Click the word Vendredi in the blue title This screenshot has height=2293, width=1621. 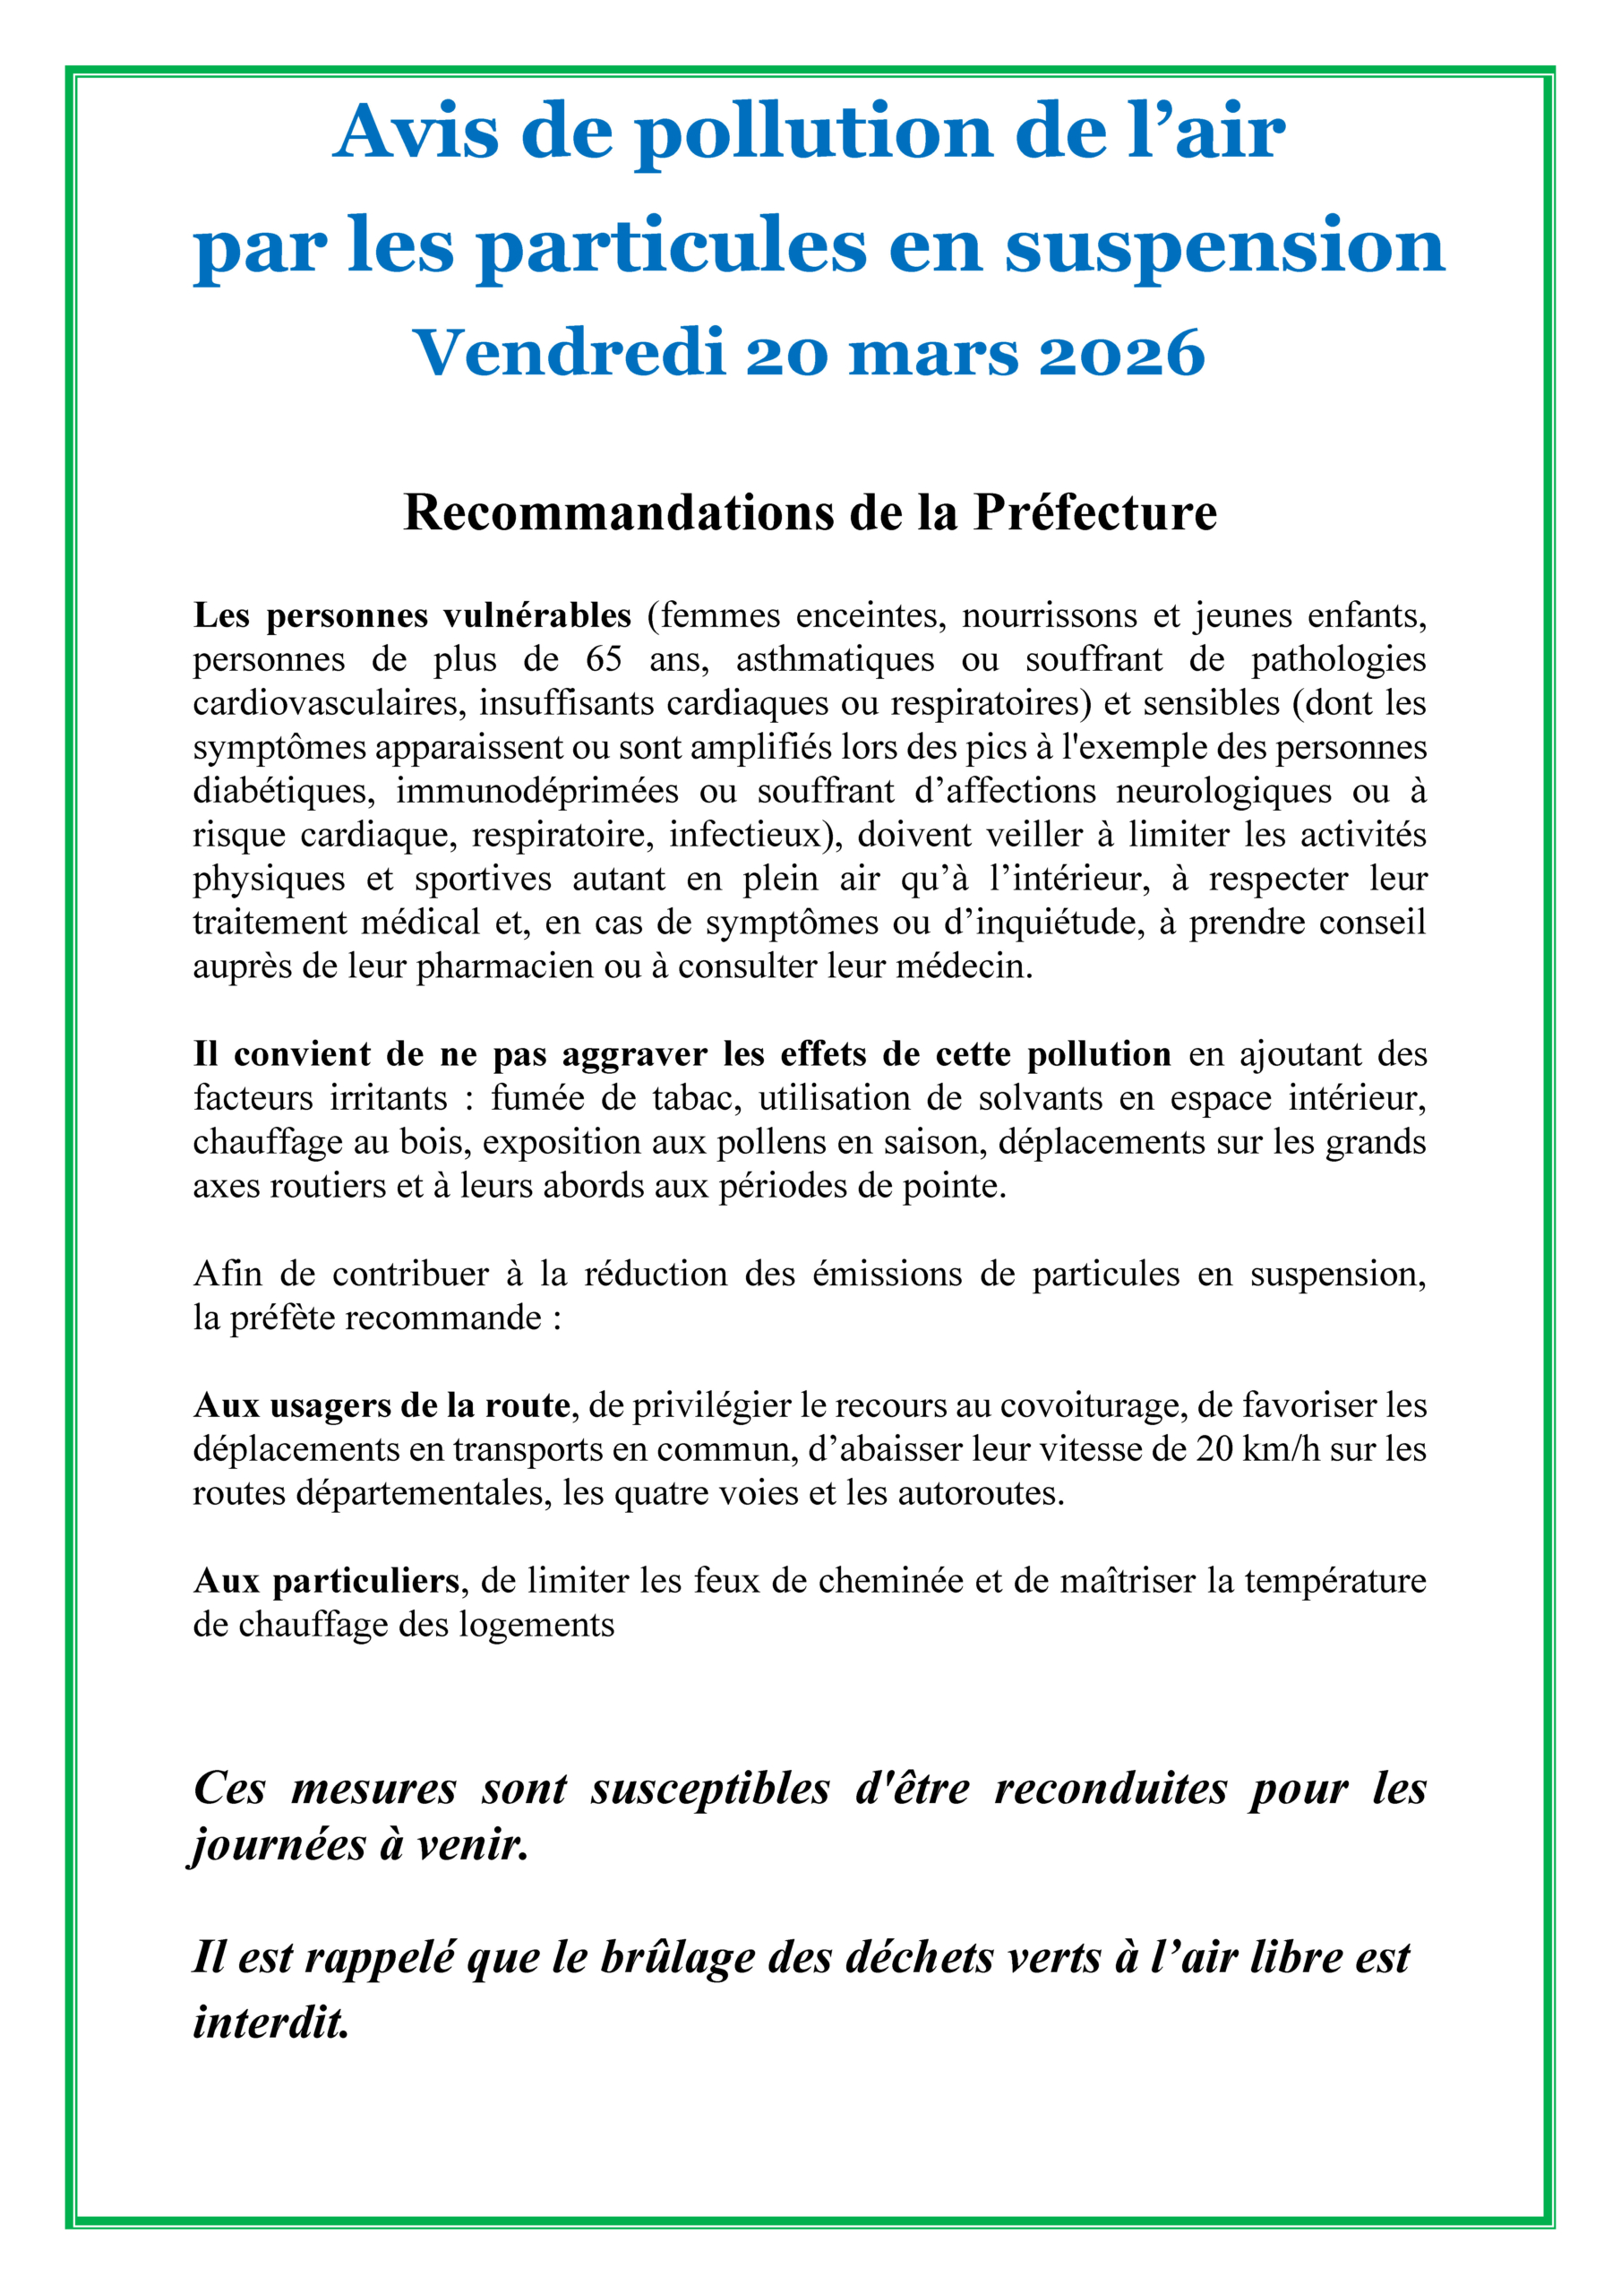[x=569, y=354]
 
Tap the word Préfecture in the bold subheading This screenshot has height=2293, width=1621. [x=1094, y=512]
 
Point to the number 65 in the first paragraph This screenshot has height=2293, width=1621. [x=605, y=659]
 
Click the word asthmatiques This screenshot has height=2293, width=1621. [x=835, y=659]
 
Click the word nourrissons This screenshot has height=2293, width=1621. [x=1049, y=615]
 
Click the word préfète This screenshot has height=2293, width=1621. [x=287, y=1318]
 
